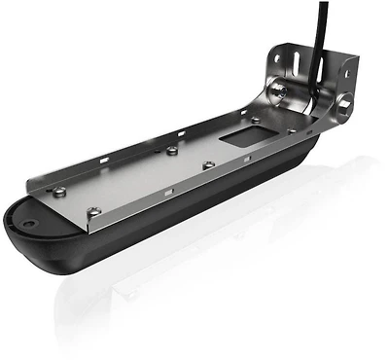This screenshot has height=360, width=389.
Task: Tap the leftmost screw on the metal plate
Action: coord(61,192)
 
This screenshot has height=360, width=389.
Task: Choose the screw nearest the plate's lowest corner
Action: coord(94,211)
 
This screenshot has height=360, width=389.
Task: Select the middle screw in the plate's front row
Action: coord(207,164)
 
